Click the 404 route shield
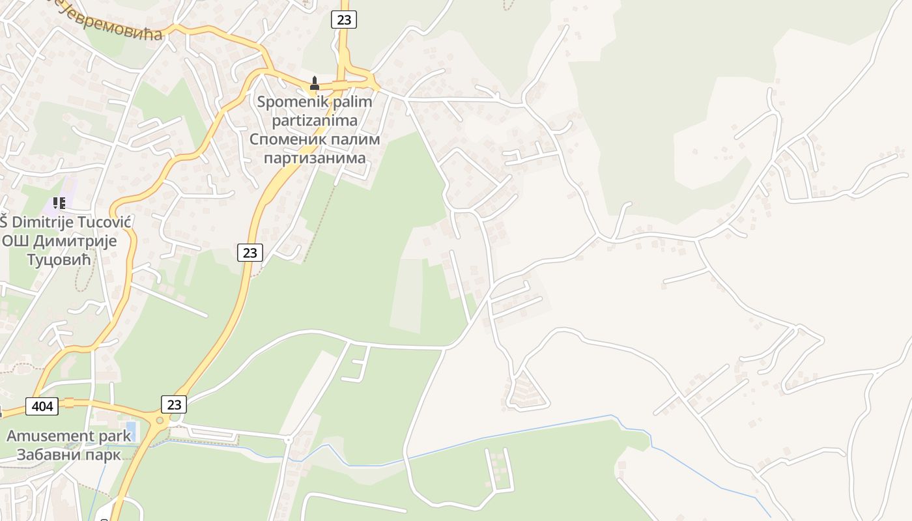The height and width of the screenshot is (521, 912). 42,406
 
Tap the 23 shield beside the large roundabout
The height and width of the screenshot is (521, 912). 174,404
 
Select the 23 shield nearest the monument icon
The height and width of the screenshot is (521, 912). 343,20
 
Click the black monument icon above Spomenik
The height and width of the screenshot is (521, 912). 315,83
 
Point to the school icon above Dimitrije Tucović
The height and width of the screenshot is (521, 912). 59,203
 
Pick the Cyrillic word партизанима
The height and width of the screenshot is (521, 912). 315,158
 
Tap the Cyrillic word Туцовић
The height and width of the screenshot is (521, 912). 59,260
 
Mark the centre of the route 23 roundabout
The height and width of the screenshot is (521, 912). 160,421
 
